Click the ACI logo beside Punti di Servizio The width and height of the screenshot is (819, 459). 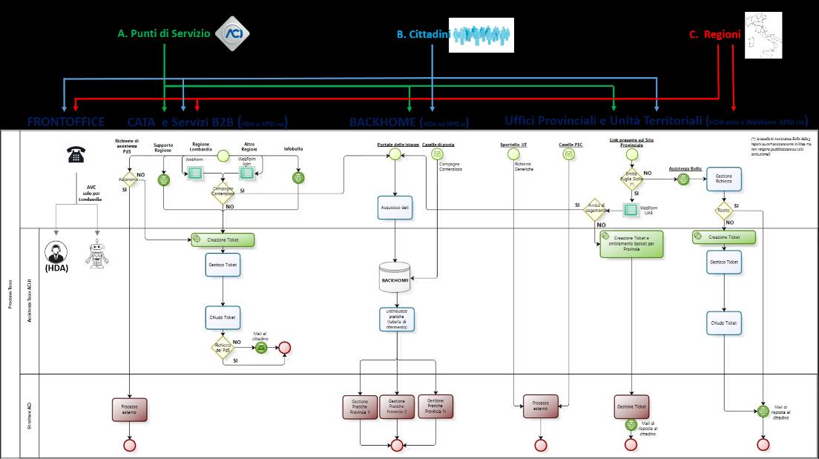coord(232,33)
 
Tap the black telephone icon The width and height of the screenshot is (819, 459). coord(76,154)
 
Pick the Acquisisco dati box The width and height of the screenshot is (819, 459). coord(395,208)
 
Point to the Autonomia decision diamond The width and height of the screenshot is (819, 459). coord(130,179)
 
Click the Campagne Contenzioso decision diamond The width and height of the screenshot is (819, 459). coord(223,190)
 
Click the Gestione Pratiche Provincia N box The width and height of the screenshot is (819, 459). coord(435,406)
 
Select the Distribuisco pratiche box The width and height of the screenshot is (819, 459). coord(395,320)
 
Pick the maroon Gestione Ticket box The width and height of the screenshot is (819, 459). coord(631,407)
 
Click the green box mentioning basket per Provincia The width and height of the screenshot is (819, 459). coord(631,243)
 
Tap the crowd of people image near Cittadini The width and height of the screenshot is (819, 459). coord(482,35)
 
